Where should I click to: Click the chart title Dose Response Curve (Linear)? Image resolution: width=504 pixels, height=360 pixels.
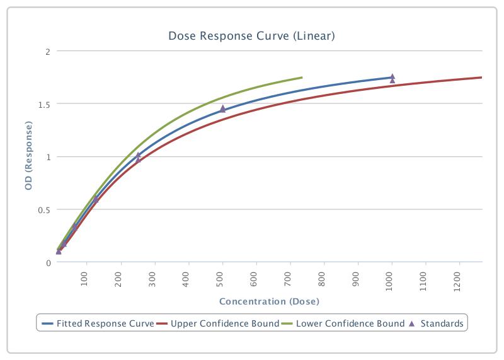point(251,36)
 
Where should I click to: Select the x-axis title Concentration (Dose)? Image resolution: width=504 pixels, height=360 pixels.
point(269,301)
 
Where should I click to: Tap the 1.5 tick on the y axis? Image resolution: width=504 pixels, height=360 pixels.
point(43,104)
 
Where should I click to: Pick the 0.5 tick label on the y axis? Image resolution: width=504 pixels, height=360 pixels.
point(43,210)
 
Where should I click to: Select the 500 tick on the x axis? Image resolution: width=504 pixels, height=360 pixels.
point(222,279)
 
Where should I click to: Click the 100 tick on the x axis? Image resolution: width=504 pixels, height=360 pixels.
point(87,279)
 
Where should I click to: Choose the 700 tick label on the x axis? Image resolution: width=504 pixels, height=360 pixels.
point(290,279)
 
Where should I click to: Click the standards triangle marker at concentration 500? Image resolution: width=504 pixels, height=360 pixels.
point(222,108)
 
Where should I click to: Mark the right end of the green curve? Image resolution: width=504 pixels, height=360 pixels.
point(302,78)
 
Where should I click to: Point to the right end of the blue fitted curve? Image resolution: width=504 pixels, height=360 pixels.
point(391,78)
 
